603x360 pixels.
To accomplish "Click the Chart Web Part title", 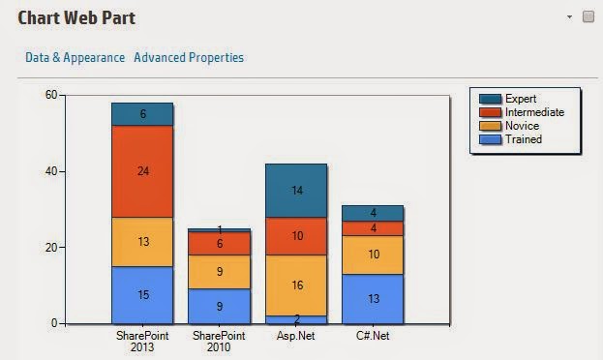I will (76, 17).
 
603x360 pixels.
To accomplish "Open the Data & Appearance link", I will (75, 57).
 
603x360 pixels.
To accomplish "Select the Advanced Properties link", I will (189, 57).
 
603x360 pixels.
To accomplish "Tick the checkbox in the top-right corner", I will (588, 17).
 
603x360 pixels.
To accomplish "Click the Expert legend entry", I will (520, 99).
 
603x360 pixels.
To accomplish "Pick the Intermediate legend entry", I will (533, 112).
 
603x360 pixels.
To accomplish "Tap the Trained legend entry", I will (523, 139).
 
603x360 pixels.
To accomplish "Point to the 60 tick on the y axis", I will (51, 95).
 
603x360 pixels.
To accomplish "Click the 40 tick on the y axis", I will (51, 171).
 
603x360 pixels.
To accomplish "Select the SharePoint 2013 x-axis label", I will (141, 341).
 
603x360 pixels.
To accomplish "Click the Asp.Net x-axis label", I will (296, 335).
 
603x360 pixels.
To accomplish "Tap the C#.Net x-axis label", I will (372, 335).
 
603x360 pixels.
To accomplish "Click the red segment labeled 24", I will (142, 171).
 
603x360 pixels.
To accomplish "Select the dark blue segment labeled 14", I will (296, 191).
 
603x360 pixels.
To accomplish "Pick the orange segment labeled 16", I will (296, 285).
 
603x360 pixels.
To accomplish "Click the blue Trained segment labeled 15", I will (142, 294).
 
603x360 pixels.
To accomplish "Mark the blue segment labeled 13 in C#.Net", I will (372, 298).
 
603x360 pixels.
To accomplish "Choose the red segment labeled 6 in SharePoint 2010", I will (220, 244).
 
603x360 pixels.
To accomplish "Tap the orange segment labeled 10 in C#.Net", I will (372, 255).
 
